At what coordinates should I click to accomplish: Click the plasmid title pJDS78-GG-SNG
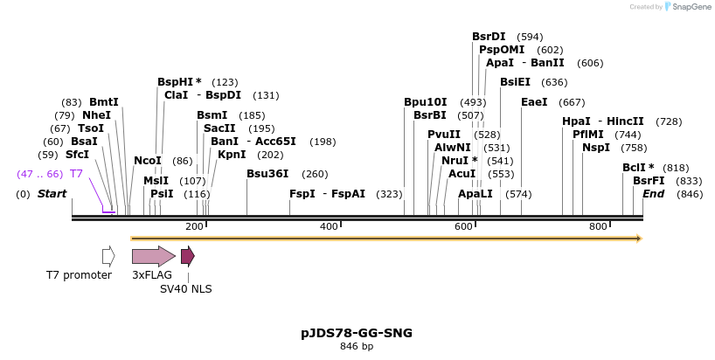point(357,333)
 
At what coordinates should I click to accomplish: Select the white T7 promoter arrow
point(108,256)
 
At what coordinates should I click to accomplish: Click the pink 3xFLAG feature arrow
point(153,256)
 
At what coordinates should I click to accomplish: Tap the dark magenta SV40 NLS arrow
point(187,256)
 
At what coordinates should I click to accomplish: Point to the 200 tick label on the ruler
point(194,226)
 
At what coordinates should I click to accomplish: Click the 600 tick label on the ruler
point(463,226)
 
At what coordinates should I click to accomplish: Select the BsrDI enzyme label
point(489,37)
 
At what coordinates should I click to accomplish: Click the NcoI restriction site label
point(148,161)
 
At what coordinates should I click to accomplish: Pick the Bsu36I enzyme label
point(267,174)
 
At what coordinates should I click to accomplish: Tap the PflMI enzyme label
point(588,135)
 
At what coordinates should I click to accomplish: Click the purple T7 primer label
point(76,174)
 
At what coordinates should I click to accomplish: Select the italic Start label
point(52,193)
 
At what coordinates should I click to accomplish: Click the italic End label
point(653,193)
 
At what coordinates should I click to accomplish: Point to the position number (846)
point(690,193)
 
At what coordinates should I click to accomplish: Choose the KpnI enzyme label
point(232,154)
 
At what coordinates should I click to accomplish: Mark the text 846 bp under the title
point(357,347)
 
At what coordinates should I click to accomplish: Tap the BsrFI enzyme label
point(649,180)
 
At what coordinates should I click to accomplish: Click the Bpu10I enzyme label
point(425,102)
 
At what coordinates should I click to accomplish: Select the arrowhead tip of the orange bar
point(641,238)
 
